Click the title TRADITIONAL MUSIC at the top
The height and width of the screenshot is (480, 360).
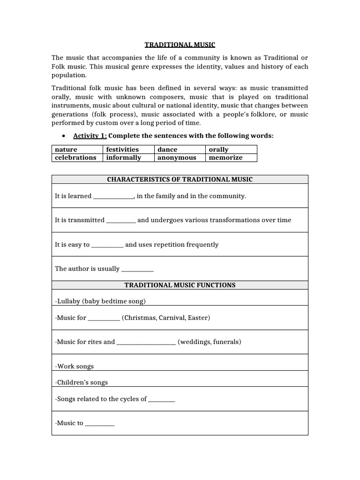[180, 45]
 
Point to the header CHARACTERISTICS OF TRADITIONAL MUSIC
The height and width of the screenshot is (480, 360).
[180, 180]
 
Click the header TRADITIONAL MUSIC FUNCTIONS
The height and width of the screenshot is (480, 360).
[180, 285]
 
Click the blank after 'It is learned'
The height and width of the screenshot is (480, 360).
[114, 197]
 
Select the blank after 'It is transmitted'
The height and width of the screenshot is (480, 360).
[121, 221]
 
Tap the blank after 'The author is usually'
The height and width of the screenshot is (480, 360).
[137, 270]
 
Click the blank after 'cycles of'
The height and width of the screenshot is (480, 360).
[161, 400]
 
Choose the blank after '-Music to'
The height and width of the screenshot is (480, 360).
[100, 424]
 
